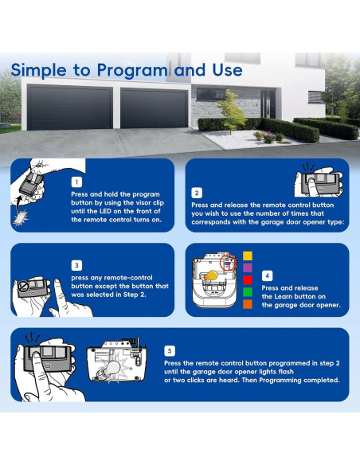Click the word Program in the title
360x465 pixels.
click(x=132, y=71)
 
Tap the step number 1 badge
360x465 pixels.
click(x=76, y=182)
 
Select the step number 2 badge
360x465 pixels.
click(x=197, y=193)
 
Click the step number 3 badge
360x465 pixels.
click(x=76, y=265)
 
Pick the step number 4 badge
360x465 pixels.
click(x=267, y=275)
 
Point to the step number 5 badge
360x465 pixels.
click(x=170, y=351)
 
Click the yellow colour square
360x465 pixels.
click(x=248, y=256)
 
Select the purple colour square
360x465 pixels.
click(x=248, y=268)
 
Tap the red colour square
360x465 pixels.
click(x=248, y=280)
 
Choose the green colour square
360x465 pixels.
click(x=248, y=292)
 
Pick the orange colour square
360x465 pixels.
click(x=248, y=304)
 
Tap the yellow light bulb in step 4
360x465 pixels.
click(x=211, y=275)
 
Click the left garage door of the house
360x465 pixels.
click(x=70, y=107)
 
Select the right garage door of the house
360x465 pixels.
click(x=155, y=108)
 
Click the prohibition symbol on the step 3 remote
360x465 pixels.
click(x=22, y=287)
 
